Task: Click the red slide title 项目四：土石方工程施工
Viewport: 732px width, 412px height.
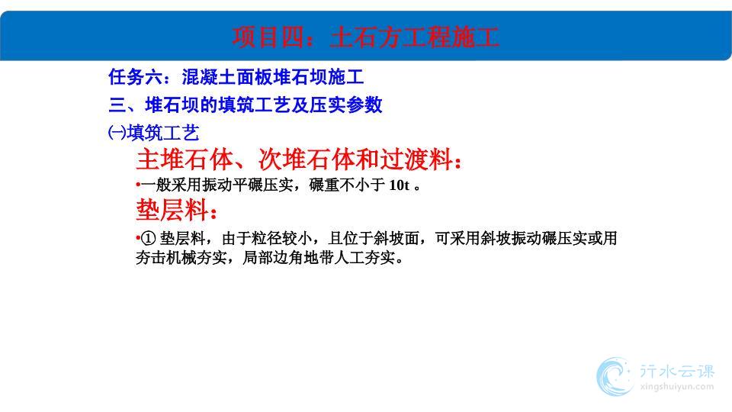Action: tap(365, 37)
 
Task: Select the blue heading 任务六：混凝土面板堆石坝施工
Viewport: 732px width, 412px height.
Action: tap(236, 77)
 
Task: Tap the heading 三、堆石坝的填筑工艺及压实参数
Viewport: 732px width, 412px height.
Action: tap(246, 105)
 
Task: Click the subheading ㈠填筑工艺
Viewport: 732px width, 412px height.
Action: tap(153, 133)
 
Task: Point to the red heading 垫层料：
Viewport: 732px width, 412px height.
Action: tap(177, 209)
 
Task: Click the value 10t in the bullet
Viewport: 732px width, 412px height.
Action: tap(399, 185)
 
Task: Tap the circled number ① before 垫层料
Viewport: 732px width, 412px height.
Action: tap(148, 239)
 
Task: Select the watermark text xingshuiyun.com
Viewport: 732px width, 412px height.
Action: tap(677, 387)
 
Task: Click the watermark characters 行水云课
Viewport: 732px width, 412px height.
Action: tap(677, 372)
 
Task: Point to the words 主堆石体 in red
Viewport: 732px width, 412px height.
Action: tap(185, 159)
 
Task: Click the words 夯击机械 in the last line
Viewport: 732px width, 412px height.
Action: tap(166, 257)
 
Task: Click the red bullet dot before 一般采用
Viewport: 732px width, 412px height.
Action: tap(138, 185)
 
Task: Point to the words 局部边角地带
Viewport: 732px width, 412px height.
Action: tap(288, 257)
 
